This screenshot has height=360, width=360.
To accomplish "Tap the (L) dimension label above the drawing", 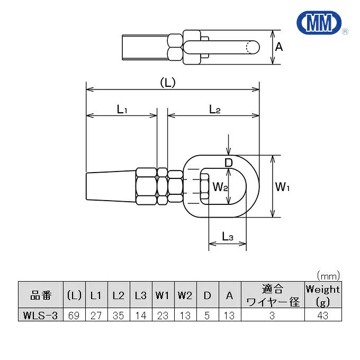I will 167,83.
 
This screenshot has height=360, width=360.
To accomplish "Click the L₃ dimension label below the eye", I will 228,237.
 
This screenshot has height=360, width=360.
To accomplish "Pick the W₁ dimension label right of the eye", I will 285,186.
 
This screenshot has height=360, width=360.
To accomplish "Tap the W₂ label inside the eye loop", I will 219,186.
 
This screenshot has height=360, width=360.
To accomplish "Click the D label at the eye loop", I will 228,163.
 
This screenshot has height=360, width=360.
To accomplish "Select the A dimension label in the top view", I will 279,47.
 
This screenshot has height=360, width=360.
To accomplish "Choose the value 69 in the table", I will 74,315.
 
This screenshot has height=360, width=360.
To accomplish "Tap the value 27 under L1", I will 96,315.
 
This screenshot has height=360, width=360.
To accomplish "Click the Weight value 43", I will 322,315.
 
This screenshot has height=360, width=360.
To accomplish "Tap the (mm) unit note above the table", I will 328,275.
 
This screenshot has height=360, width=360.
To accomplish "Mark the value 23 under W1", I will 163,315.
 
